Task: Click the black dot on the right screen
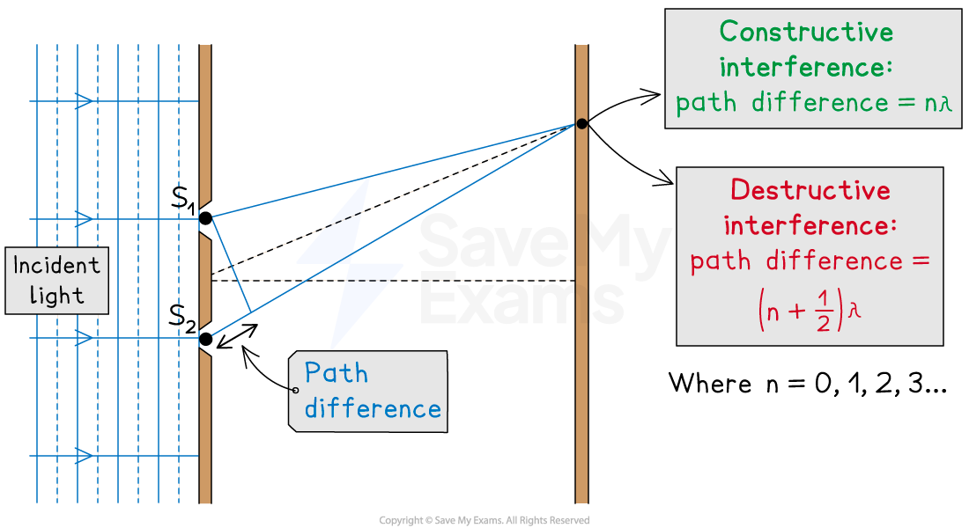[581, 124]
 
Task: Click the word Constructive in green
[806, 33]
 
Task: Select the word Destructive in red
[810, 190]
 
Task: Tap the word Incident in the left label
[57, 265]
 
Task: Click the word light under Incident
[57, 296]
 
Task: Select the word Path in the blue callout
[336, 373]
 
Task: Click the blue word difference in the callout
[373, 408]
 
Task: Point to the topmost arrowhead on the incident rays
[85, 101]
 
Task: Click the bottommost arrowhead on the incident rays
[85, 456]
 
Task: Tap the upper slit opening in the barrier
[204, 219]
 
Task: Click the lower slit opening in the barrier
[204, 338]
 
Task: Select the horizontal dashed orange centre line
[396, 281]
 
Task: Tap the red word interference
[810, 225]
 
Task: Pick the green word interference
[806, 68]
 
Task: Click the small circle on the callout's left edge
[294, 390]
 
